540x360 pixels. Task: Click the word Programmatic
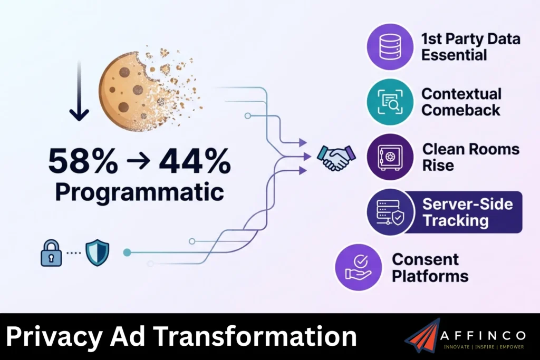[x=139, y=192]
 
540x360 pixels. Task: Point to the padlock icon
[x=51, y=252]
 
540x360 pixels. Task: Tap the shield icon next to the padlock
[x=97, y=252]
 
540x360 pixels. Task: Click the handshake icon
[x=336, y=157]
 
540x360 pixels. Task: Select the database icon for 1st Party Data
[x=389, y=46]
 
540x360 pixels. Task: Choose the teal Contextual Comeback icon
[x=389, y=102]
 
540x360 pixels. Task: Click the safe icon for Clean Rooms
[x=390, y=157]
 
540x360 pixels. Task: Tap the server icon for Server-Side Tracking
[x=390, y=212]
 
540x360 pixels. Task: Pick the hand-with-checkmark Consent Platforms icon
[x=358, y=267]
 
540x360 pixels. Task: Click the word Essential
[x=454, y=55]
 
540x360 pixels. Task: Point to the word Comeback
[x=460, y=110]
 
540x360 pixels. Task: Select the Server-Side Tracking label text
[x=467, y=212]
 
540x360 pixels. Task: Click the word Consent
[x=425, y=259]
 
